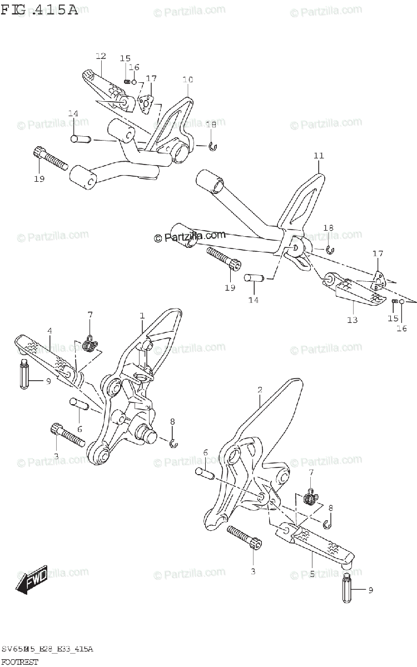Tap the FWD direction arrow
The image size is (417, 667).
pyautogui.click(x=32, y=580)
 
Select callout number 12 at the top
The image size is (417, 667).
pyautogui.click(x=100, y=56)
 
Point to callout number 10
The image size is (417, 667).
pyautogui.click(x=187, y=80)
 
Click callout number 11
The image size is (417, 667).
pyautogui.click(x=318, y=156)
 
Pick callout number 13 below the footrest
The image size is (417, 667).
pyautogui.click(x=352, y=320)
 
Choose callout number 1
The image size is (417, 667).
pyautogui.click(x=142, y=316)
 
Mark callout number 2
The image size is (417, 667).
pyautogui.click(x=260, y=390)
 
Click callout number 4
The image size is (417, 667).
pyautogui.click(x=49, y=331)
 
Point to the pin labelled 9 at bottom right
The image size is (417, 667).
pyautogui.click(x=346, y=589)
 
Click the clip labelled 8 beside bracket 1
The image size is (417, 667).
pyautogui.click(x=173, y=442)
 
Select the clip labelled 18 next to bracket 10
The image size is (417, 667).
pyautogui.click(x=212, y=146)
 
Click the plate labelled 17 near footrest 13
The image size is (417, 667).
pyautogui.click(x=378, y=279)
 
